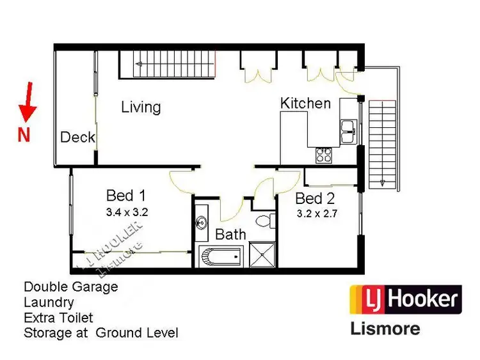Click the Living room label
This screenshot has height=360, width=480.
click(141, 107)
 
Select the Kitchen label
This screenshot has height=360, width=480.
click(306, 103)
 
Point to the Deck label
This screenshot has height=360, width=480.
click(77, 137)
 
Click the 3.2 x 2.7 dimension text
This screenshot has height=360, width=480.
click(316, 214)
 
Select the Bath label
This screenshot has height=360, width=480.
click(230, 235)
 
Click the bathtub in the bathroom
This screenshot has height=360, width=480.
click(221, 257)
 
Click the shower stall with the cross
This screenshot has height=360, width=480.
click(261, 256)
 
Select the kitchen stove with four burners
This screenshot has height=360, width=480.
click(324, 155)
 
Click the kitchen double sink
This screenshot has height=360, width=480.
click(348, 130)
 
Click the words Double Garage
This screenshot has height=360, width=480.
click(71, 287)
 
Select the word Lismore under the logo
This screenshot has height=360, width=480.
click(385, 329)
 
